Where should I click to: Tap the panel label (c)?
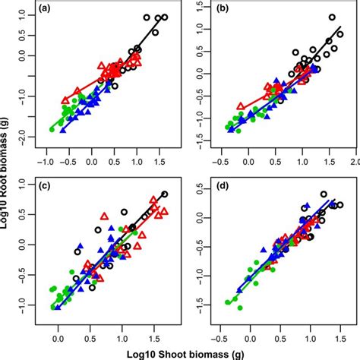point(45,186)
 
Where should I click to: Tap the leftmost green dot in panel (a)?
point(52,129)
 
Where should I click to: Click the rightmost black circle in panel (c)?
point(165,194)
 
